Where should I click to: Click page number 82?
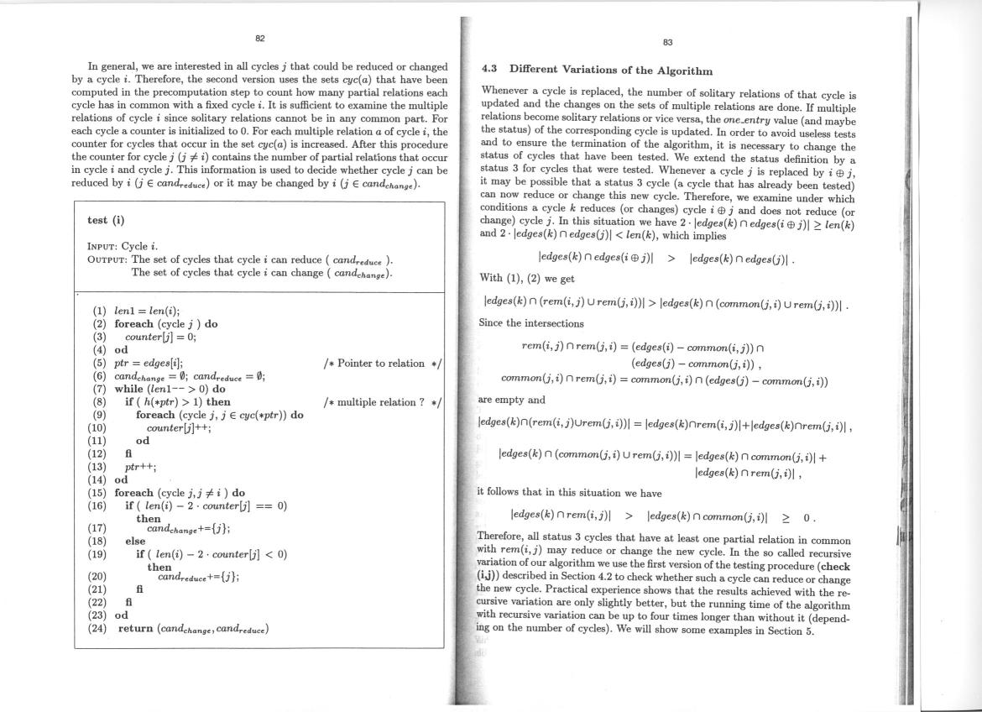(x=260, y=38)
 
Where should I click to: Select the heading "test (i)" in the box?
(x=106, y=221)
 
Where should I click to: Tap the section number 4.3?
(x=490, y=71)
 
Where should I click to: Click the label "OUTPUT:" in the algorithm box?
(x=108, y=259)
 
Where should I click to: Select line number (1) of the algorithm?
(x=99, y=310)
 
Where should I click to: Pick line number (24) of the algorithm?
(x=100, y=627)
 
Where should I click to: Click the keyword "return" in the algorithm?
(x=136, y=627)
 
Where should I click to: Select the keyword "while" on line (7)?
(x=130, y=390)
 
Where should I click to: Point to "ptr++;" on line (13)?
(x=138, y=468)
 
